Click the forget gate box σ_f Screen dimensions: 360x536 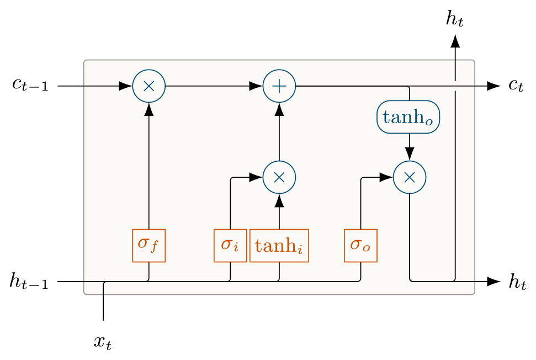tap(148, 245)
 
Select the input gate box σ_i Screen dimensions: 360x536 tap(230, 245)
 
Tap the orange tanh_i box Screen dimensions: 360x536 tap(279, 245)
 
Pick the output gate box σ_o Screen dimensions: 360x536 tap(360, 245)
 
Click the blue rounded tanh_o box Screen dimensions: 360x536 tap(408, 118)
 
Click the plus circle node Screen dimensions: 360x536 tap(279, 86)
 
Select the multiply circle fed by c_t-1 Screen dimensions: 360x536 tap(149, 86)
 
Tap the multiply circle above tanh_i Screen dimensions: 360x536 tap(279, 177)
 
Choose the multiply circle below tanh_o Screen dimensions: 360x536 tap(410, 177)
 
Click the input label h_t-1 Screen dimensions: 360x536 tap(29, 282)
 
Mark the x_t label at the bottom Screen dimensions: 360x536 tap(103, 342)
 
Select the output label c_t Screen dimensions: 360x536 tap(516, 86)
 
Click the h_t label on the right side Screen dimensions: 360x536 tap(517, 282)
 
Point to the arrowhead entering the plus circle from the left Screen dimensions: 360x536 tap(256, 86)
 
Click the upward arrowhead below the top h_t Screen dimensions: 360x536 tap(455, 41)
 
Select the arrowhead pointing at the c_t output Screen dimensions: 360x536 tap(493, 86)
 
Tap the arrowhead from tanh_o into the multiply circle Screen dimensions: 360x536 tap(410, 153)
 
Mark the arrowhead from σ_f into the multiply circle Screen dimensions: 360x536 tap(149, 109)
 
